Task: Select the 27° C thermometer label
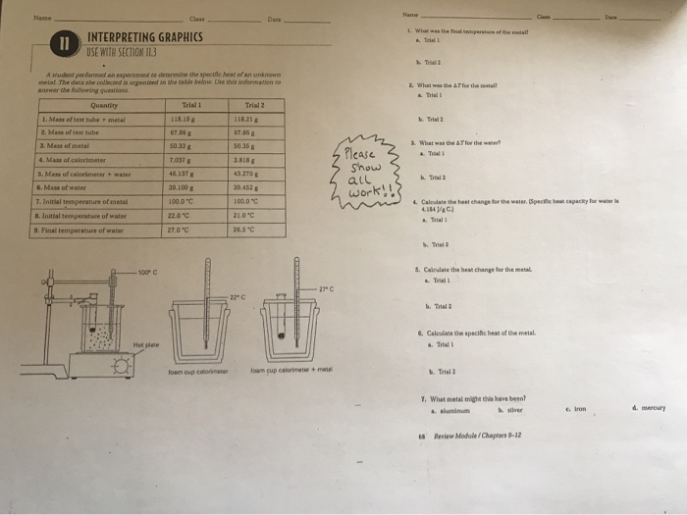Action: [327, 288]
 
